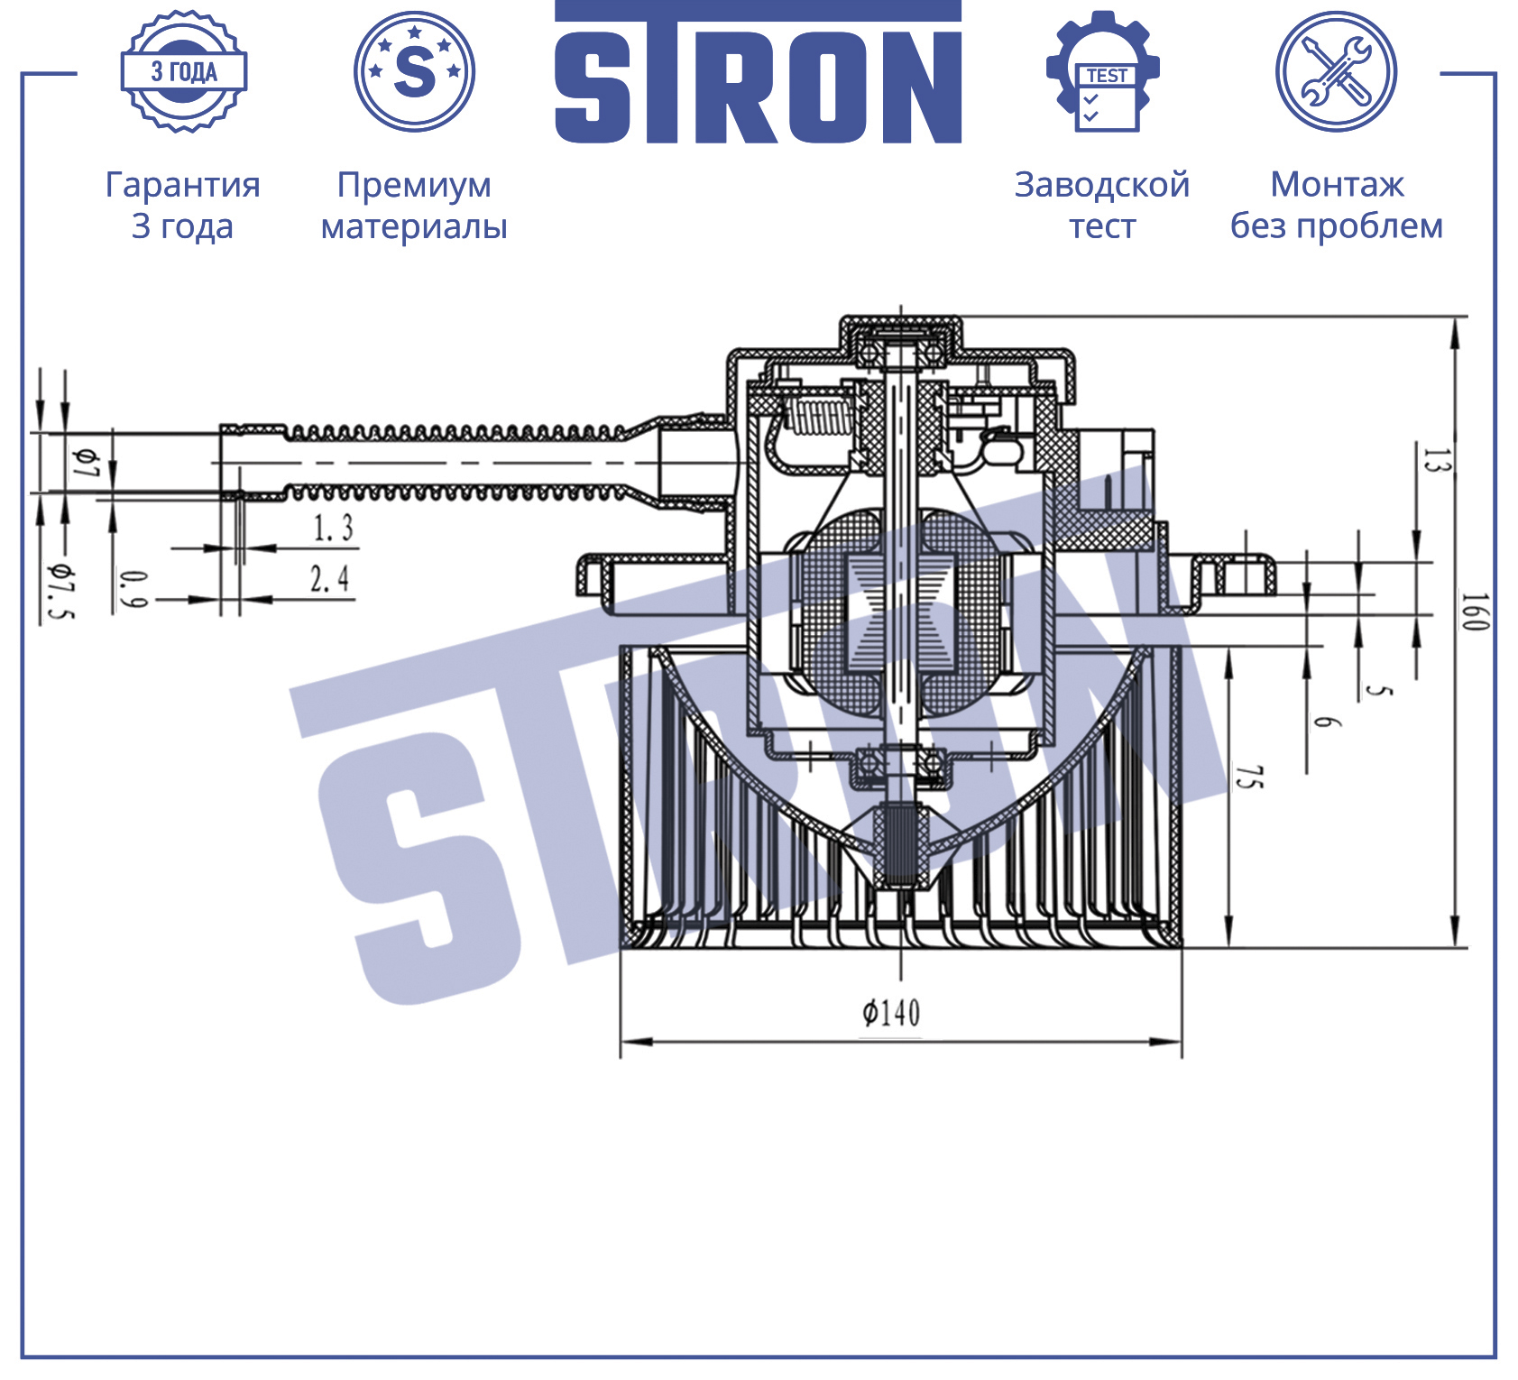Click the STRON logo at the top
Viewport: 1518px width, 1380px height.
point(758,72)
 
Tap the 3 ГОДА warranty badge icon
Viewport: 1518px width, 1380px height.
point(184,72)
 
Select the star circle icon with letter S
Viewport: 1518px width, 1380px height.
point(414,72)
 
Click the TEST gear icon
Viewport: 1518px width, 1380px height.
point(1102,72)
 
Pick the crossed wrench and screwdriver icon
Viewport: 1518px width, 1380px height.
point(1336,72)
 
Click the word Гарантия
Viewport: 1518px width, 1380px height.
point(183,185)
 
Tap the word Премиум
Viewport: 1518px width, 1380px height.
point(414,186)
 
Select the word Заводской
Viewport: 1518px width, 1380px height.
point(1102,185)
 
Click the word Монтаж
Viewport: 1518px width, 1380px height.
point(1337,185)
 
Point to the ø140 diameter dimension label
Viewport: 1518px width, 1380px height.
point(891,1013)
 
